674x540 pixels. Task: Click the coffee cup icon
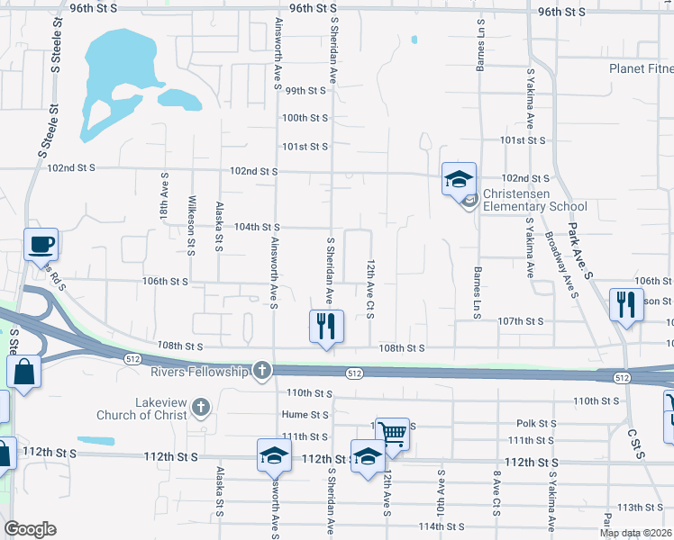coord(41,244)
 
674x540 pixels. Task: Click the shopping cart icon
coord(393,433)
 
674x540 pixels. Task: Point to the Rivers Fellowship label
coord(199,371)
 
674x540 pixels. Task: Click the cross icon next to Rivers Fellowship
coord(261,371)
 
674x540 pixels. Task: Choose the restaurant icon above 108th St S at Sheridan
coord(327,326)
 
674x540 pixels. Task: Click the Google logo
coord(30,529)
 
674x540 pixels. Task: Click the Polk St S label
coord(539,423)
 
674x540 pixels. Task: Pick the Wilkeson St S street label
coord(191,225)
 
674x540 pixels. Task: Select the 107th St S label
coord(522,321)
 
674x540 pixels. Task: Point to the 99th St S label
coord(305,91)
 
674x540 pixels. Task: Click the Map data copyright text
coord(633,533)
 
